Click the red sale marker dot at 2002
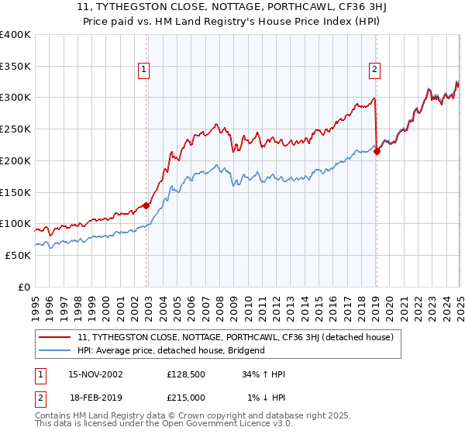click(146, 205)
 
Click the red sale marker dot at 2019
click(377, 152)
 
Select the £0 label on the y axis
click(23, 287)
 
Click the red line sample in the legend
click(55, 338)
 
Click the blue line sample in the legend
click(55, 350)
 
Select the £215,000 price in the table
click(186, 398)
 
